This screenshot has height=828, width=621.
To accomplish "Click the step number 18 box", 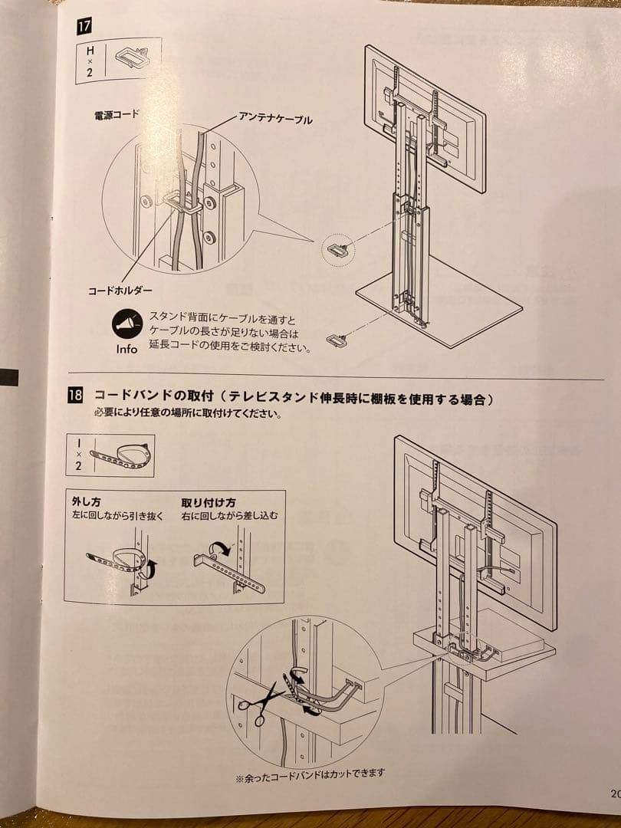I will [75, 396].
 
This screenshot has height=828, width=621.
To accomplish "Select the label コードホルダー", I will [120, 291].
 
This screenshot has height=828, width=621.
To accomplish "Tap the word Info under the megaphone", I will [127, 350].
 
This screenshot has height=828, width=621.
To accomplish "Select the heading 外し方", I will [86, 503].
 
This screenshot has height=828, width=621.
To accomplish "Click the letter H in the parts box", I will [90, 51].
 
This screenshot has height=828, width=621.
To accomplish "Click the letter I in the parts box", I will [79, 442].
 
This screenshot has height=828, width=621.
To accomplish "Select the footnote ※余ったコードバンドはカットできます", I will [310, 774].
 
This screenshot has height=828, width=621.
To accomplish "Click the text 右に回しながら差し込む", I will [230, 516].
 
